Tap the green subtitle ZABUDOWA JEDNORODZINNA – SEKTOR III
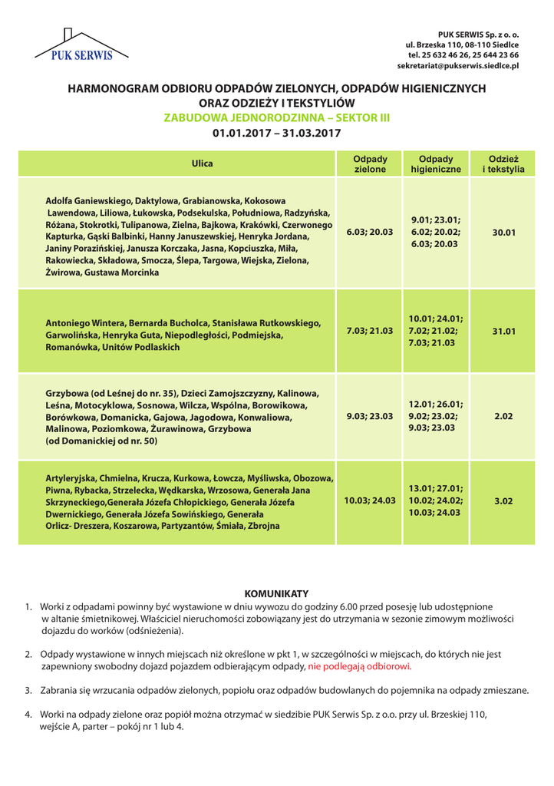coord(277,117)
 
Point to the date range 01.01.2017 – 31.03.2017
coord(277,133)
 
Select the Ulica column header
coord(191,163)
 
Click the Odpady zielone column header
coord(370,163)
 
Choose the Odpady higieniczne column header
coord(435,163)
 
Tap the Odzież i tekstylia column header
coord(503,163)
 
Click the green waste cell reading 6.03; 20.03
coord(370,230)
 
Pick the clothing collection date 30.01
coord(503,230)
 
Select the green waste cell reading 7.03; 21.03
coord(370,331)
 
